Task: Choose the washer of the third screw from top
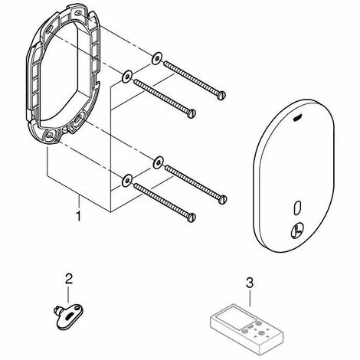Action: pos(157,160)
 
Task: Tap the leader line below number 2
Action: pos(70,292)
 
